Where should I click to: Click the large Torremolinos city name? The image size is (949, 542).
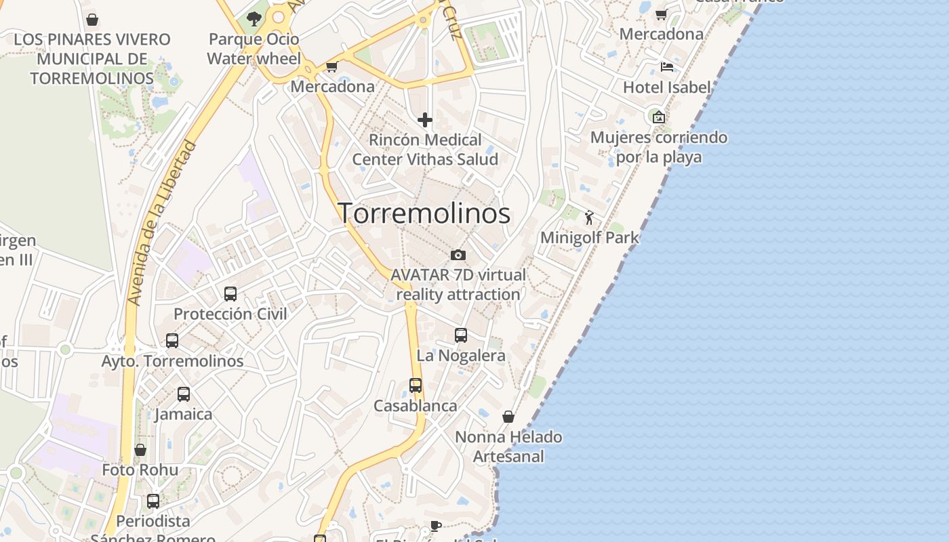(424, 213)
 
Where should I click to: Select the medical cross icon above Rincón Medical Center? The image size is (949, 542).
(425, 121)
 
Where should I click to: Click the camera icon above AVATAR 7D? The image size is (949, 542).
(458, 255)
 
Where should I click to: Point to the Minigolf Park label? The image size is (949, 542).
(590, 238)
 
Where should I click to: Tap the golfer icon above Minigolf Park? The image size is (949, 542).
(589, 217)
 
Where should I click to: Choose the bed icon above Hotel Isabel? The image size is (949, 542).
(667, 67)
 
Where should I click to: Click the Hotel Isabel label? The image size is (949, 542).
(667, 87)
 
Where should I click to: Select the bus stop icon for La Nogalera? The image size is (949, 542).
(461, 335)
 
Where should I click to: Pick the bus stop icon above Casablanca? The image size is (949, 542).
(416, 385)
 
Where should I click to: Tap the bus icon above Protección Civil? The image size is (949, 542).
(230, 294)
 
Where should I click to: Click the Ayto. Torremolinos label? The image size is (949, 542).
(172, 361)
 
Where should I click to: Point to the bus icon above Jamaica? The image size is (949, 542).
(183, 394)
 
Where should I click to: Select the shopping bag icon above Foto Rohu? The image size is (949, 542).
(140, 450)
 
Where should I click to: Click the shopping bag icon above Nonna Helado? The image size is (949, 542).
(508, 417)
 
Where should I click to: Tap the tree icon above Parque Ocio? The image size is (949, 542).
(254, 19)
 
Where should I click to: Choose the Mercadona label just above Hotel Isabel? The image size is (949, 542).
(662, 34)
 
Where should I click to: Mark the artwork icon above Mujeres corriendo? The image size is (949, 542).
(658, 117)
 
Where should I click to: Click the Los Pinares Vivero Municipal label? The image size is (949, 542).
(92, 58)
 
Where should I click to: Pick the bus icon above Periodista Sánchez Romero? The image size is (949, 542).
(153, 501)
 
